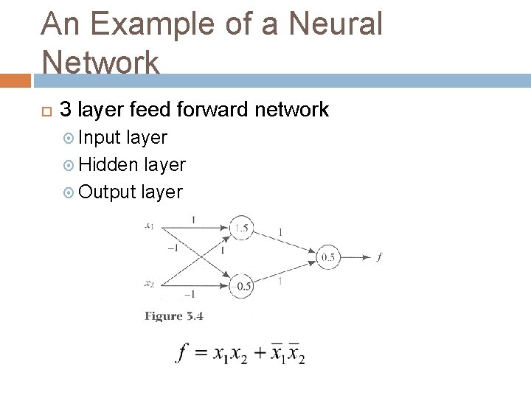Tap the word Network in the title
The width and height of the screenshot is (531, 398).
click(100, 62)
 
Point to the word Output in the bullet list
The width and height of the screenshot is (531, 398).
click(108, 192)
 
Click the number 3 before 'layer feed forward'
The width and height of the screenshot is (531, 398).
click(65, 111)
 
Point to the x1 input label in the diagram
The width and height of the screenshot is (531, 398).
click(149, 226)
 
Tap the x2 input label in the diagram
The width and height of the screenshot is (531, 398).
click(149, 283)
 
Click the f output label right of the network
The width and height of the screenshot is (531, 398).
click(379, 257)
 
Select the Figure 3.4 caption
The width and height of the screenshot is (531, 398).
click(173, 316)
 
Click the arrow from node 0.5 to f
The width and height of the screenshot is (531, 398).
click(357, 257)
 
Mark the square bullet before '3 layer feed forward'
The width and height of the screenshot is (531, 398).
click(46, 111)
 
